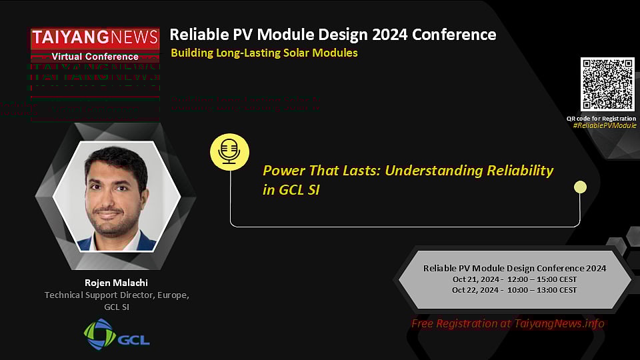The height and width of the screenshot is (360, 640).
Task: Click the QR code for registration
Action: coord(607,84)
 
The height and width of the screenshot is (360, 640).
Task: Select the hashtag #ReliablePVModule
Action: coord(605,125)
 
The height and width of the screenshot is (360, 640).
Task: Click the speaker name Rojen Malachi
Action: coord(116,282)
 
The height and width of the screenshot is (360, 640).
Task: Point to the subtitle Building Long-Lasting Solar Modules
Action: coord(264,53)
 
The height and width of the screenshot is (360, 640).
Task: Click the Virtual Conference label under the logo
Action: coord(95,57)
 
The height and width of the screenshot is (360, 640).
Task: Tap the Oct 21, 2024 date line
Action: coord(514,279)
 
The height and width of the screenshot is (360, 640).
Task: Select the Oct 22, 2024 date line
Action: coord(514,290)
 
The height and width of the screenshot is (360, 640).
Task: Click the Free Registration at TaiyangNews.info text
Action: coord(507,323)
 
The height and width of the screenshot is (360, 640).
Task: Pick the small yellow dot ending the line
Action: coord(580,187)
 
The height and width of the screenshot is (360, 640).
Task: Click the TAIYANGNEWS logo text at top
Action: coord(95,39)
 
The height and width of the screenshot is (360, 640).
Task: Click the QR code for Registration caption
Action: coord(601,118)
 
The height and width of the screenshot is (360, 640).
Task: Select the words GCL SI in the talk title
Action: coord(299,191)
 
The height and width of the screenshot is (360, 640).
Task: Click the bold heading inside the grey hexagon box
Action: coord(514,267)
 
